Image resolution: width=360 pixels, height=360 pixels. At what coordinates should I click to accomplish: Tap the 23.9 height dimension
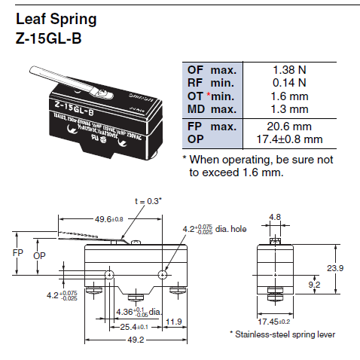pyautogui.click(x=340, y=267)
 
